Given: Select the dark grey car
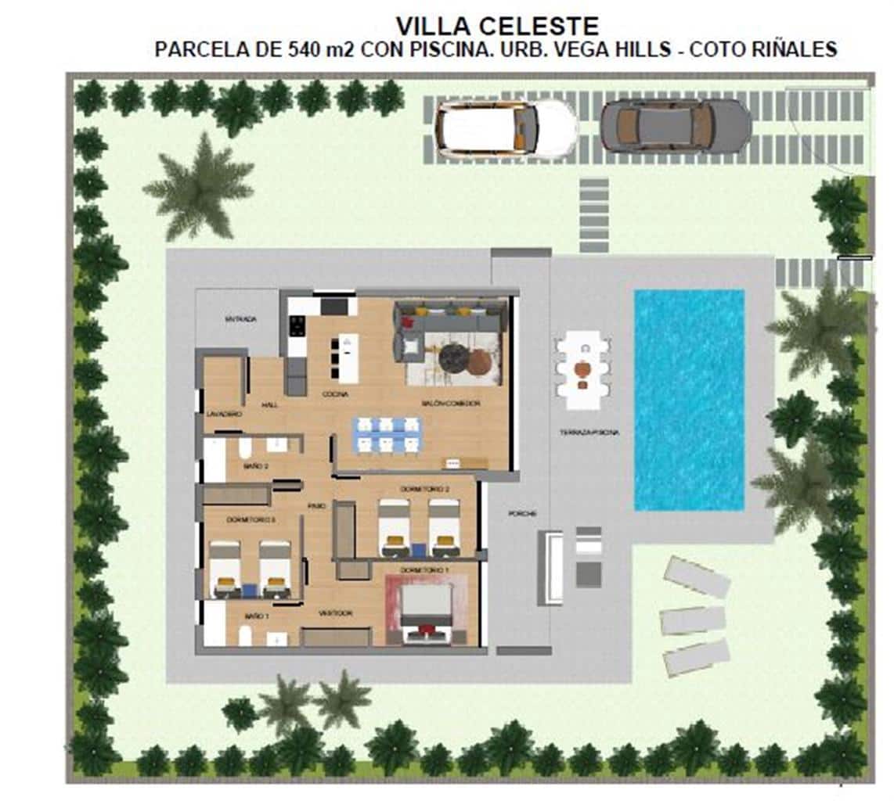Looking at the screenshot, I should point(675,124).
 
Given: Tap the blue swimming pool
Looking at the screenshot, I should point(689,400).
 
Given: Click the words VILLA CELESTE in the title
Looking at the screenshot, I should point(497,26).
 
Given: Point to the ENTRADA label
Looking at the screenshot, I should point(240,319).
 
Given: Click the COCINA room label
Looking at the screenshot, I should point(336,394).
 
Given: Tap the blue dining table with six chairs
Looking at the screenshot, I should point(388,435).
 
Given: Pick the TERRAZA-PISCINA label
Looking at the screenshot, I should point(589,432).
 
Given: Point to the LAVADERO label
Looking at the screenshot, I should point(225,412).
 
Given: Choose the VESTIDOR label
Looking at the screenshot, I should point(335,613).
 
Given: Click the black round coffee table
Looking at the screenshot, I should point(453,357).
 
